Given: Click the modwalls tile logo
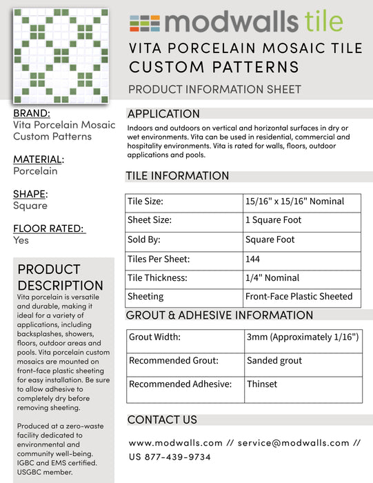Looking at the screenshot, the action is [x=236, y=22].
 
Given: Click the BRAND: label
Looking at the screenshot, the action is [x=32, y=113].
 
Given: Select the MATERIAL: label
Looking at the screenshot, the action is [x=39, y=159].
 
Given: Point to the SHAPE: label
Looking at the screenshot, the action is [x=30, y=194].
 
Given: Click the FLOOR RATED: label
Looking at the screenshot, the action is [x=49, y=228].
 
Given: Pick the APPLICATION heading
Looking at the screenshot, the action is [x=163, y=114].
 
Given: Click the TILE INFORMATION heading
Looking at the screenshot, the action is [x=177, y=176].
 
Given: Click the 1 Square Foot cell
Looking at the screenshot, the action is [x=274, y=221].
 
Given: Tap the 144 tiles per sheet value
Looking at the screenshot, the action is [x=253, y=259].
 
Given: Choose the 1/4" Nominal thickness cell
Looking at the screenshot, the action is [x=272, y=278].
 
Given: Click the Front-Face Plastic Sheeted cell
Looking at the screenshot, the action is [x=299, y=297].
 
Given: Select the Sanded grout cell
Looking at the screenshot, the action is [x=274, y=361].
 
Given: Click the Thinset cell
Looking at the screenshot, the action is [x=262, y=384].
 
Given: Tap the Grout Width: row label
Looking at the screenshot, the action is [x=155, y=337].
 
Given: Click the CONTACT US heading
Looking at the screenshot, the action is [x=162, y=420].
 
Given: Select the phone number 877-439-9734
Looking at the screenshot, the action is [x=179, y=457].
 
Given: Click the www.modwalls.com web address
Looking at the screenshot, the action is [x=176, y=442].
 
